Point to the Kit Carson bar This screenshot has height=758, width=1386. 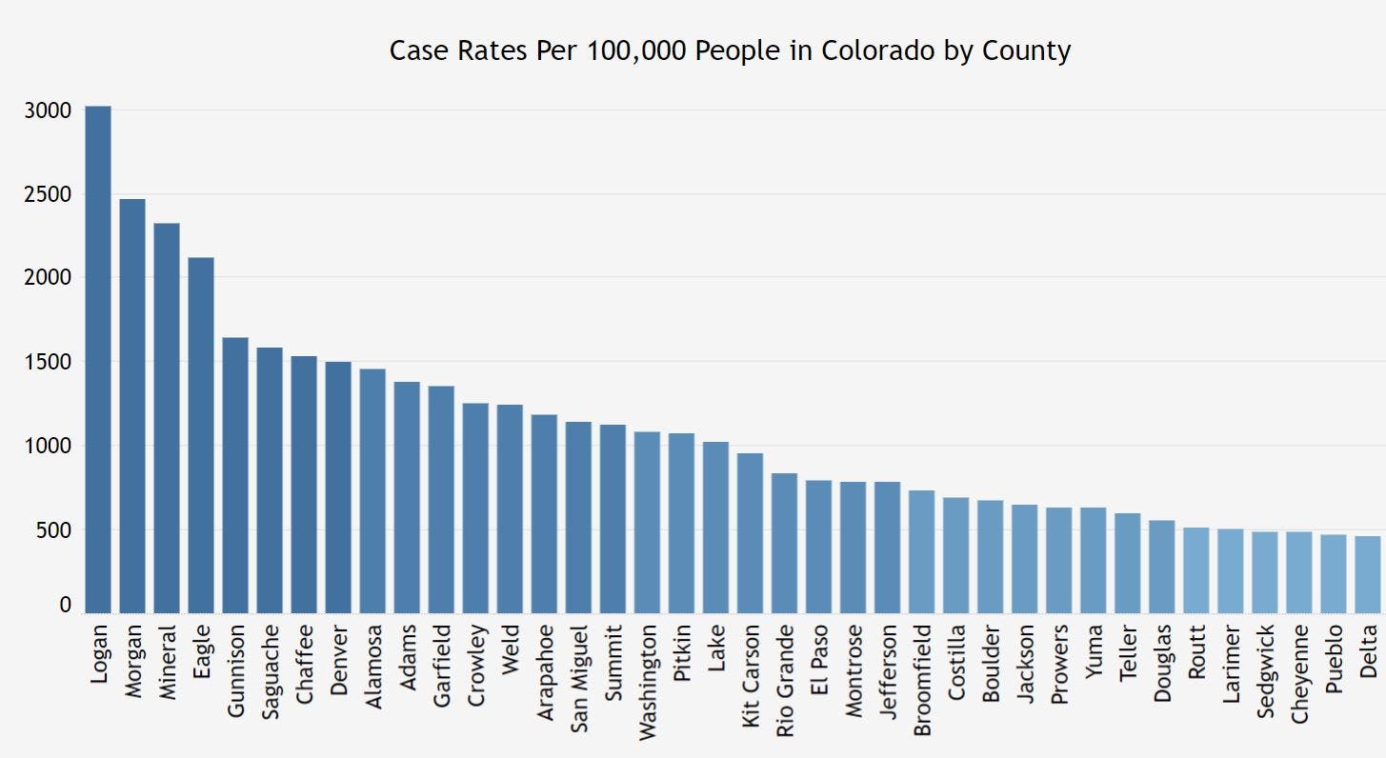click(x=750, y=533)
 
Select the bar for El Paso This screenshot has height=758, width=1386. click(x=818, y=547)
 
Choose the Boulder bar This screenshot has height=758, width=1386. click(x=991, y=557)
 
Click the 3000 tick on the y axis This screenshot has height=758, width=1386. click(x=49, y=110)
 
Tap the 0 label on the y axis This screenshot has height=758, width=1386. click(x=66, y=605)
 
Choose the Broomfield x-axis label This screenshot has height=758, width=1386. click(x=921, y=679)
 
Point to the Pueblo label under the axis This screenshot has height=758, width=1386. click(x=1334, y=657)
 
